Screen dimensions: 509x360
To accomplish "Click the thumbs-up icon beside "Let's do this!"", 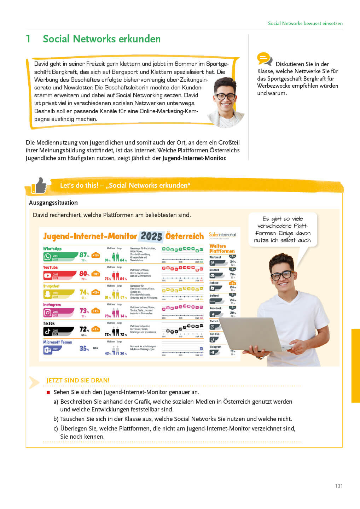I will pos(39,186).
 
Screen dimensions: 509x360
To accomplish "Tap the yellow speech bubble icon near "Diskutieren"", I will pos(264,59).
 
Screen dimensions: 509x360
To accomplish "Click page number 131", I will pos(339,486).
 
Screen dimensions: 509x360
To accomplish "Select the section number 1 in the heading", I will pos(28,39).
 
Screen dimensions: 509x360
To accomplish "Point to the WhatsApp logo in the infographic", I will pos(48,257).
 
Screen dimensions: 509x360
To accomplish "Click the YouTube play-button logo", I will pos(48,275).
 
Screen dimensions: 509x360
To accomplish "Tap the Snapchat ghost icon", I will pos(48,294).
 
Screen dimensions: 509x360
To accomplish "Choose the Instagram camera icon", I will pos(48,312).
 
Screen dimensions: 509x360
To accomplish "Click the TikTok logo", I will pos(48,331).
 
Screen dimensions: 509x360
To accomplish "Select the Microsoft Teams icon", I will pos(48,350).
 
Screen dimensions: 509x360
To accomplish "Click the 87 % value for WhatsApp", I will pos(84,255).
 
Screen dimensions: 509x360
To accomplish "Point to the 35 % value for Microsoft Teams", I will pos(84,348).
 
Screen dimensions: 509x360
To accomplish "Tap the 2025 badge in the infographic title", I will pos(151,236).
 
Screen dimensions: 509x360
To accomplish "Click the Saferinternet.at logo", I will pos(222,235).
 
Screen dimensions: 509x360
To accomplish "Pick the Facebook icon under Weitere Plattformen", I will pos(213,314).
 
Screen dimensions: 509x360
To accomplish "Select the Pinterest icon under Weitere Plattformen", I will pos(213,263).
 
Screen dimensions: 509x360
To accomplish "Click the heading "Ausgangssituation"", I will pos(53,203).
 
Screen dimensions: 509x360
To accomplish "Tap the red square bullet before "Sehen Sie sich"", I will pos(48,392).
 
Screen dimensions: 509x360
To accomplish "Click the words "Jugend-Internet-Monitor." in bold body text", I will pos(194,158).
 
